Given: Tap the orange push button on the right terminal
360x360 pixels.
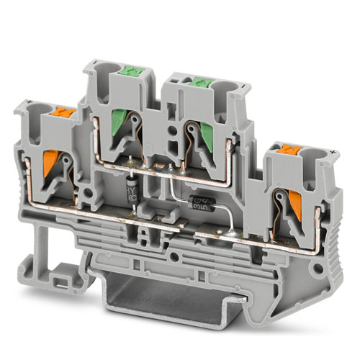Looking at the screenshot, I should point(282,151).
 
